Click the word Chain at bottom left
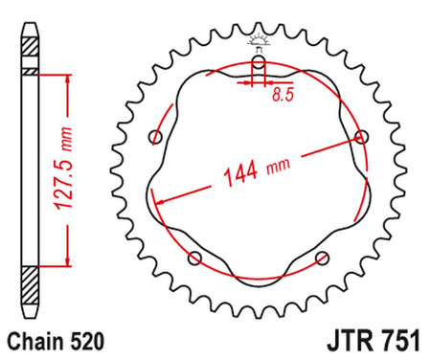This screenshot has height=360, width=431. pos(33,339)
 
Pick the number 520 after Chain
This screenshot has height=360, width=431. pos(84,339)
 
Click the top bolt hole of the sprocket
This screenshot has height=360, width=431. pos(259,64)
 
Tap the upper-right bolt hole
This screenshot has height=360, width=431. pos(360,137)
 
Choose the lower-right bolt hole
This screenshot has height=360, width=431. pos(322,256)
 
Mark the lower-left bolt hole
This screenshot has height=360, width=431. pos(196,256)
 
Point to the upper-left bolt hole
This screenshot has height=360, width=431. pos(157,137)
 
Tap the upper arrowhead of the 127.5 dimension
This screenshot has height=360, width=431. pos(67,81)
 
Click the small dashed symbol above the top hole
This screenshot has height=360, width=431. pos(259,41)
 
